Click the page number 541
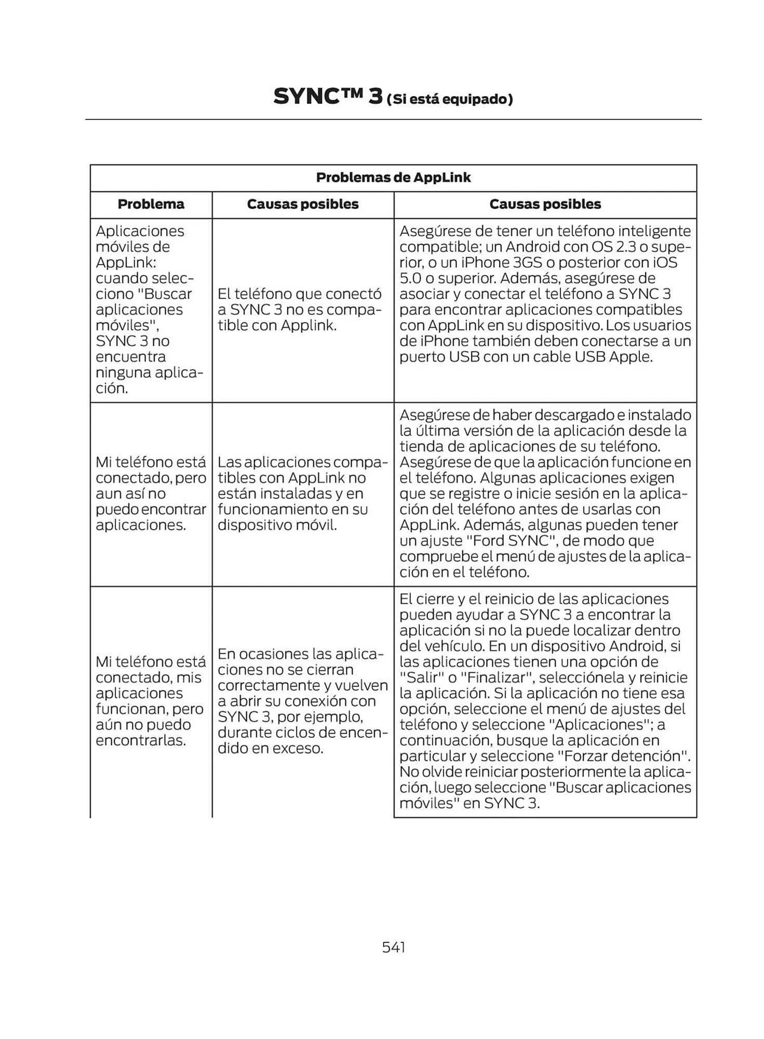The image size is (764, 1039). (393, 947)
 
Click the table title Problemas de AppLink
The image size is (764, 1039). (393, 178)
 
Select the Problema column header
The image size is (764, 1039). (151, 204)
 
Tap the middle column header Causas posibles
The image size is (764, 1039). (303, 204)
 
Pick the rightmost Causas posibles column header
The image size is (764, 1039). (545, 204)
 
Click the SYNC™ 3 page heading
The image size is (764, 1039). (328, 97)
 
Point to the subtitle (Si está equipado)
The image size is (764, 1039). (450, 99)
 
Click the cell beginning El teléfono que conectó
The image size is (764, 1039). (300, 310)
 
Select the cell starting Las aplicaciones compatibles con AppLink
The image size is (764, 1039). (302, 494)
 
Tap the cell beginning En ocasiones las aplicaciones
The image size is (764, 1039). (302, 701)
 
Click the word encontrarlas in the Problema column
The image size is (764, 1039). (141, 740)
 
